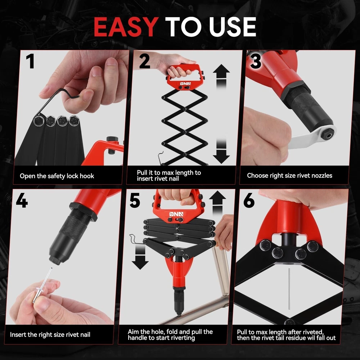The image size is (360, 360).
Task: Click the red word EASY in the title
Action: pos(126,27)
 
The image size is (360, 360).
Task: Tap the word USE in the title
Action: pos(233,27)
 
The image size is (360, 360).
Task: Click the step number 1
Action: pos(30,61)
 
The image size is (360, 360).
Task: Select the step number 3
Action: pos(256,61)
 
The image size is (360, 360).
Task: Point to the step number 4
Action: pos(22,200)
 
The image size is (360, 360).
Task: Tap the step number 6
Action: pos(249,200)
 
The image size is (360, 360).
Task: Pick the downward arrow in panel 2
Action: pos(221,151)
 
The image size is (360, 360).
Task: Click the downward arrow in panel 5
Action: pos(140,257)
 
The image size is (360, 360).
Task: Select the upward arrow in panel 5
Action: pos(217,203)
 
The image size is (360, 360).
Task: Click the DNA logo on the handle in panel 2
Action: pos(185,84)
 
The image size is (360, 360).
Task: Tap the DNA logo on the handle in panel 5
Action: pos(176,214)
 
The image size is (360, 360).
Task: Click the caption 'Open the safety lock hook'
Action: pos(57,176)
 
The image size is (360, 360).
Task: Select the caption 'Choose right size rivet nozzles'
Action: pos(289,176)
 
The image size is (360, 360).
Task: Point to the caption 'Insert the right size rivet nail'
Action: pos(50,335)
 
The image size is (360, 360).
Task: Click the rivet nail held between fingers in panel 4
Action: pos(42,285)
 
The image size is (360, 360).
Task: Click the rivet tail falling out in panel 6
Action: pos(289,288)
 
